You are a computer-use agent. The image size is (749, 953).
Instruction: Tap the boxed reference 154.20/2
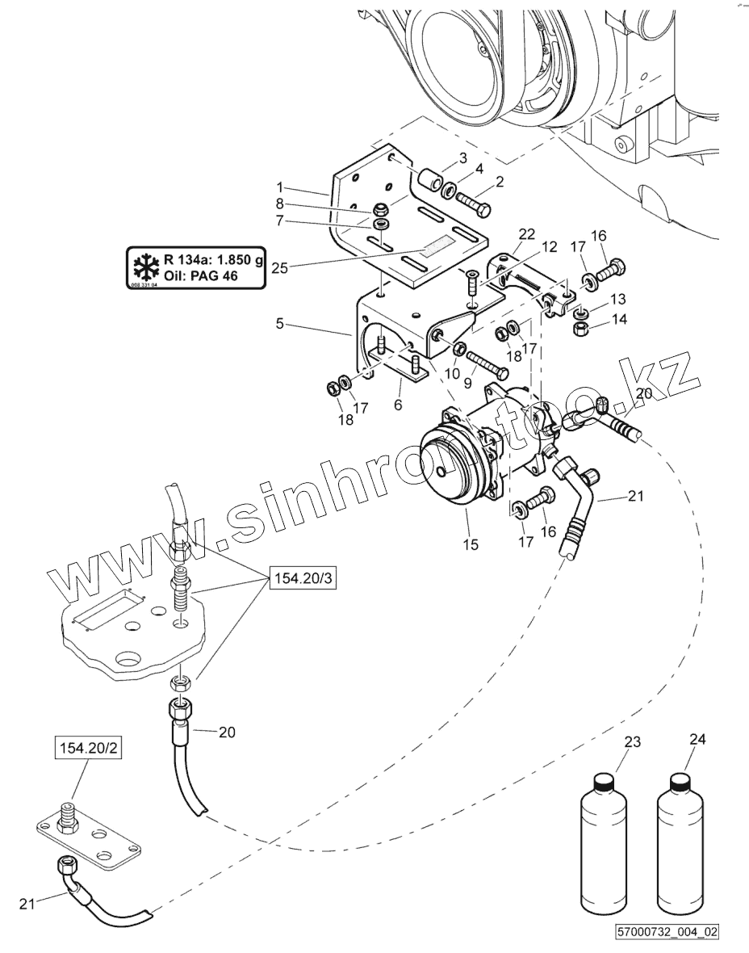(81, 749)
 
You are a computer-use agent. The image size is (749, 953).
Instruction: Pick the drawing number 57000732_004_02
(666, 931)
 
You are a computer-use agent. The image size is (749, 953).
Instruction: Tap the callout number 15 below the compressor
(471, 544)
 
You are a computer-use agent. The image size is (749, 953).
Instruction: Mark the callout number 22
(526, 234)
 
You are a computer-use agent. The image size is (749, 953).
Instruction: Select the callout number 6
(399, 405)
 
